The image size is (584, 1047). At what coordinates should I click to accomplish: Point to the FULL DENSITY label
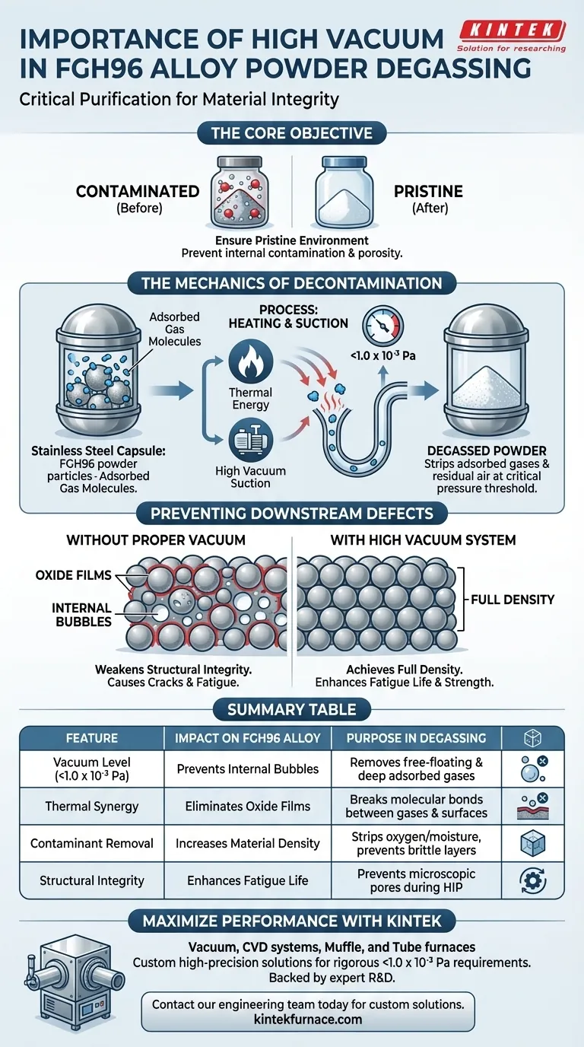click(x=513, y=599)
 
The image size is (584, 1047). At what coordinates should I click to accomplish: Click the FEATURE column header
click(x=91, y=737)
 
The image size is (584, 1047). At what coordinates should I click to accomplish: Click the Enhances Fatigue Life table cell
click(x=247, y=880)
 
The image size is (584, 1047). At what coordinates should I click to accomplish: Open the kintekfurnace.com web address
click(x=308, y=1019)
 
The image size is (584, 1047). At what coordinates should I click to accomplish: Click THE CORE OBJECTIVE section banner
click(x=292, y=133)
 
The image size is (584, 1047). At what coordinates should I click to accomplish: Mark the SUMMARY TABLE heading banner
click(x=292, y=709)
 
